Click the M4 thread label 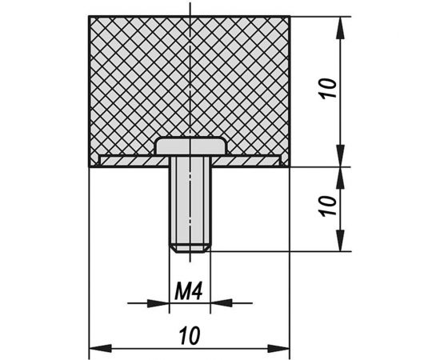pyautogui.click(x=188, y=291)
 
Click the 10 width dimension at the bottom pyautogui.click(x=190, y=335)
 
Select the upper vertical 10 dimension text pyautogui.click(x=329, y=88)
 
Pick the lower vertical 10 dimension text pyautogui.click(x=329, y=206)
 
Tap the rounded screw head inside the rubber pyautogui.click(x=191, y=146)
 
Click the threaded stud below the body pyautogui.click(x=190, y=204)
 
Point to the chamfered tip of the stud pyautogui.click(x=190, y=249)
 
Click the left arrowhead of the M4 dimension pyautogui.click(x=158, y=303)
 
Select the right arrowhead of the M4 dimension pyautogui.click(x=222, y=303)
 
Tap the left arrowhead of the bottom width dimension pyautogui.click(x=101, y=349)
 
